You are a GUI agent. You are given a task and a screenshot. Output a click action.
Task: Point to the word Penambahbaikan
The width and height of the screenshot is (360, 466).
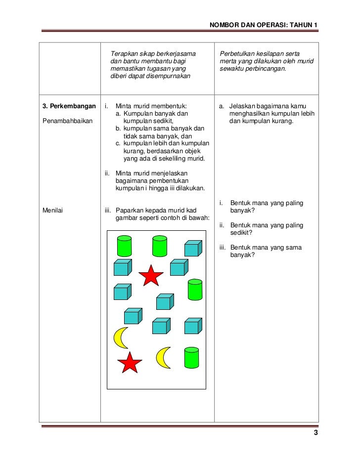pyautogui.click(x=68, y=120)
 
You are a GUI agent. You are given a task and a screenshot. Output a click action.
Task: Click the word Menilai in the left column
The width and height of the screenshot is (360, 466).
pyautogui.click(x=54, y=211)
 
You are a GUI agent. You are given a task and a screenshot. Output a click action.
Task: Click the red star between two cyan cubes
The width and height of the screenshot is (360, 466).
pyautogui.click(x=150, y=276)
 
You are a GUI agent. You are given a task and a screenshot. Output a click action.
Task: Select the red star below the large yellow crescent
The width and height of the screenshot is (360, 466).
pyautogui.click(x=130, y=363)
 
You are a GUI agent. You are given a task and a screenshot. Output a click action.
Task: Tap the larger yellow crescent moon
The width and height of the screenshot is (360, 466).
pyautogui.click(x=120, y=338)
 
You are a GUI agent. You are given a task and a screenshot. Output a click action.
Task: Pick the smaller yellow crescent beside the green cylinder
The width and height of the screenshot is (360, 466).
pyautogui.click(x=163, y=357)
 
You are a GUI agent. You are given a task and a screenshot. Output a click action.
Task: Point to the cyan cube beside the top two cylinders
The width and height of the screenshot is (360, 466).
pyautogui.click(x=193, y=248)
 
